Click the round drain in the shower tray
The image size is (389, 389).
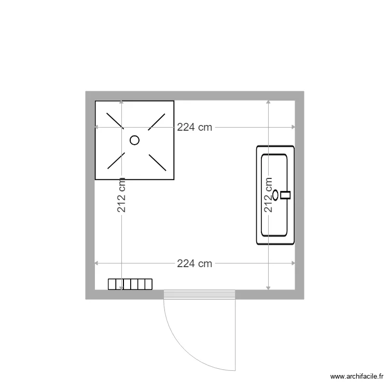(x=135, y=140)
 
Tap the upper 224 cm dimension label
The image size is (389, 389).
(x=195, y=127)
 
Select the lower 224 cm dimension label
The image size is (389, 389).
(x=195, y=263)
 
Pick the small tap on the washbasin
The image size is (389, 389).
(x=286, y=195)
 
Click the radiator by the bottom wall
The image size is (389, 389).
(x=130, y=284)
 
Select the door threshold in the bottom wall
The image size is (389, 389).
(x=200, y=295)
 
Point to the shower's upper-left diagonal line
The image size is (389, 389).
(x=115, y=120)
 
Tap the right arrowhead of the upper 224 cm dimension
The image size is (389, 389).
(x=294, y=127)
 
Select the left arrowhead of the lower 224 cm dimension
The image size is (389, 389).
(x=96, y=263)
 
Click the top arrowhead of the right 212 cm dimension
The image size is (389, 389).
(x=268, y=102)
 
